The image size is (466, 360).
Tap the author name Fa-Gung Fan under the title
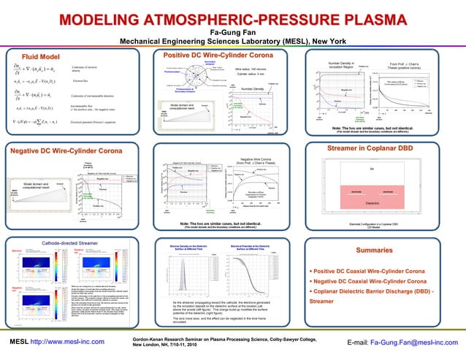[232, 33]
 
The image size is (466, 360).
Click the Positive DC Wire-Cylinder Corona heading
[218, 55]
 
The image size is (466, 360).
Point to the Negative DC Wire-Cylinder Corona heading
[66, 150]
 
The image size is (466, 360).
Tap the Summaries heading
[374, 250]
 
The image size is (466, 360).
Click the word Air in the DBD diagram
[373, 169]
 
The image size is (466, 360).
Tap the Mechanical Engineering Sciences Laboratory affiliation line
[232, 42]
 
